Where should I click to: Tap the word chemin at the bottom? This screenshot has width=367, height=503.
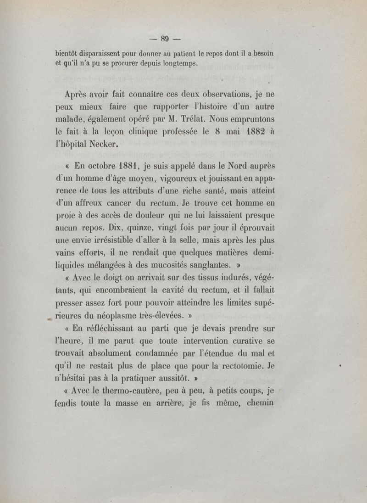[260, 404]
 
